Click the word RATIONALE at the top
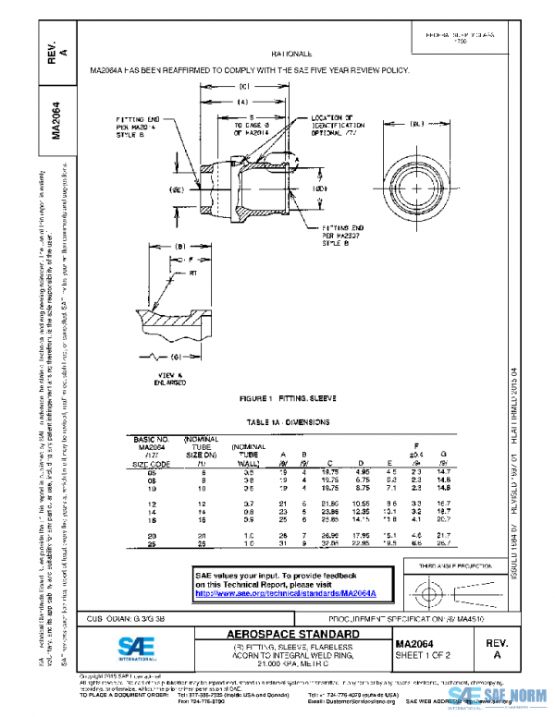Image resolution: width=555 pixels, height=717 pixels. pos(291,55)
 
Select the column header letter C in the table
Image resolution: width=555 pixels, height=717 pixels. pos(330,464)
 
